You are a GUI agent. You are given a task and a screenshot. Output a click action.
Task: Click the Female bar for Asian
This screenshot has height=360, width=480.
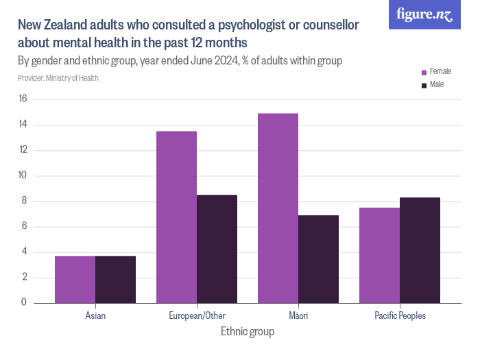click(x=75, y=279)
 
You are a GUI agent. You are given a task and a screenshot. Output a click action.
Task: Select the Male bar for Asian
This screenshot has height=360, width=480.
click(x=115, y=279)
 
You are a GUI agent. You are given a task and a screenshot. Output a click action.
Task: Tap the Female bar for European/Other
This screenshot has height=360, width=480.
click(x=176, y=217)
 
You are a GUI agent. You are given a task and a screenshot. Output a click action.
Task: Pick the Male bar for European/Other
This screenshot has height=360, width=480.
click(x=217, y=249)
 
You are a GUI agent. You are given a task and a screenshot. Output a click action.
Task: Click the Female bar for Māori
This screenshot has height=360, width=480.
click(x=278, y=208)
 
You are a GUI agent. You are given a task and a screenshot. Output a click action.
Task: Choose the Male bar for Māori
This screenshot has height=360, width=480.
click(x=318, y=259)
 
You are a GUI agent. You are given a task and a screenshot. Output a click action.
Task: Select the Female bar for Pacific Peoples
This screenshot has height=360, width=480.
click(x=379, y=255)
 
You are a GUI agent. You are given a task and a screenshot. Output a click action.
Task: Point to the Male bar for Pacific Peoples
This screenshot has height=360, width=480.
click(x=420, y=250)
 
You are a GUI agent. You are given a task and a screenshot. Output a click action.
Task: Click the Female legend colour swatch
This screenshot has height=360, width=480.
click(x=424, y=72)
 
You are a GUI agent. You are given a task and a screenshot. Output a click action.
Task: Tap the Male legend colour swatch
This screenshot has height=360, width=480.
click(x=424, y=85)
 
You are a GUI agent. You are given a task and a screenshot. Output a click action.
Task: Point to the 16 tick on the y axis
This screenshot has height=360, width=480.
click(x=23, y=99)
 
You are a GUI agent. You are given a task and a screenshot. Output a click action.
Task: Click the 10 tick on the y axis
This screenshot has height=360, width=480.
click(x=23, y=176)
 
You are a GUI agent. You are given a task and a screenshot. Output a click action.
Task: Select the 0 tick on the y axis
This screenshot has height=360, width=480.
click(x=24, y=302)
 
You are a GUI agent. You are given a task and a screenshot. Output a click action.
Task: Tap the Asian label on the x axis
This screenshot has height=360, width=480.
click(x=95, y=316)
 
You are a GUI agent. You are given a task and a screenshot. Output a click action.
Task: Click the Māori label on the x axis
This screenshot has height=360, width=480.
click(x=298, y=316)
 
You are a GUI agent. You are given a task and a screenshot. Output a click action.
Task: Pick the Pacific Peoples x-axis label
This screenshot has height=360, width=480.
click(x=400, y=316)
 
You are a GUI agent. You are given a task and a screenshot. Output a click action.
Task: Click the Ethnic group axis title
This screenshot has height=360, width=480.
click(x=248, y=332)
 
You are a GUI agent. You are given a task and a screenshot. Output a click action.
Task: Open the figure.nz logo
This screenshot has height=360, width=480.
click(x=424, y=14)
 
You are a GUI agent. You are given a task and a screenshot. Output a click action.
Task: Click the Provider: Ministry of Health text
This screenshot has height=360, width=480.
click(x=58, y=78)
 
